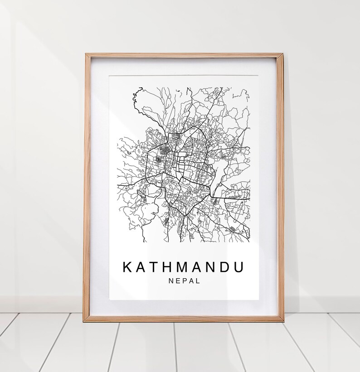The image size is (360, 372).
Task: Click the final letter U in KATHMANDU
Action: (x=238, y=267)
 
